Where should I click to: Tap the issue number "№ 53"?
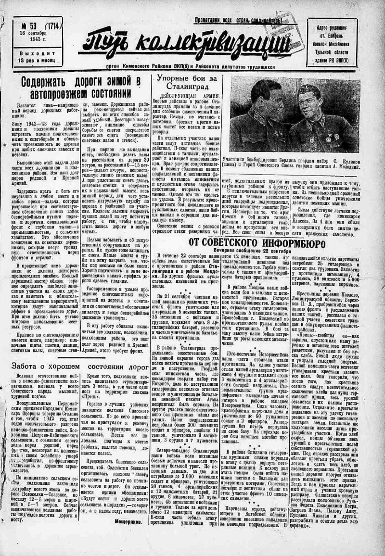coord(28,25)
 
